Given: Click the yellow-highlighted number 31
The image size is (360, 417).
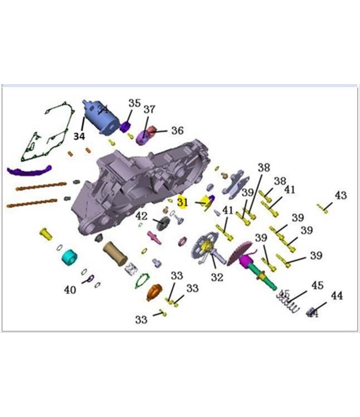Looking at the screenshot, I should pyautogui.click(x=183, y=202).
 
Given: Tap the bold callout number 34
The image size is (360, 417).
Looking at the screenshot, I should pyautogui.click(x=79, y=136).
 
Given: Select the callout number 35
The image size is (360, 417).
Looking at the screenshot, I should pyautogui.click(x=135, y=103).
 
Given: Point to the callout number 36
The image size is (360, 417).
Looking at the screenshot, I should pyautogui.click(x=177, y=131).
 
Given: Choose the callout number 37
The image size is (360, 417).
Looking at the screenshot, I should pyautogui.click(x=149, y=109).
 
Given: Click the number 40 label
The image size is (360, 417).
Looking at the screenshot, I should pyautogui.click(x=70, y=290).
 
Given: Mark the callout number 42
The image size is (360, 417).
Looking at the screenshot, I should pyautogui.click(x=141, y=216).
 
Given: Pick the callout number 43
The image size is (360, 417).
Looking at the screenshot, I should pyautogui.click(x=340, y=196).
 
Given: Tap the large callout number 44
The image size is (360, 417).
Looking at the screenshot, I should pyautogui.click(x=337, y=296).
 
